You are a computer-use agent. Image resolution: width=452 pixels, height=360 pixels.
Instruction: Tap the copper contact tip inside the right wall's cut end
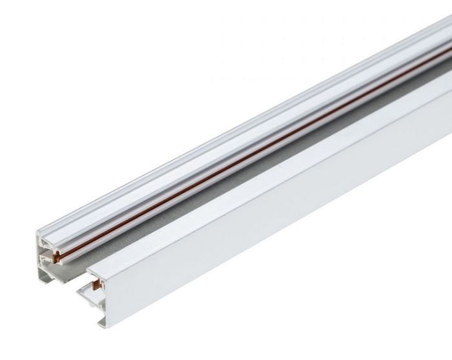point(97,281)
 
